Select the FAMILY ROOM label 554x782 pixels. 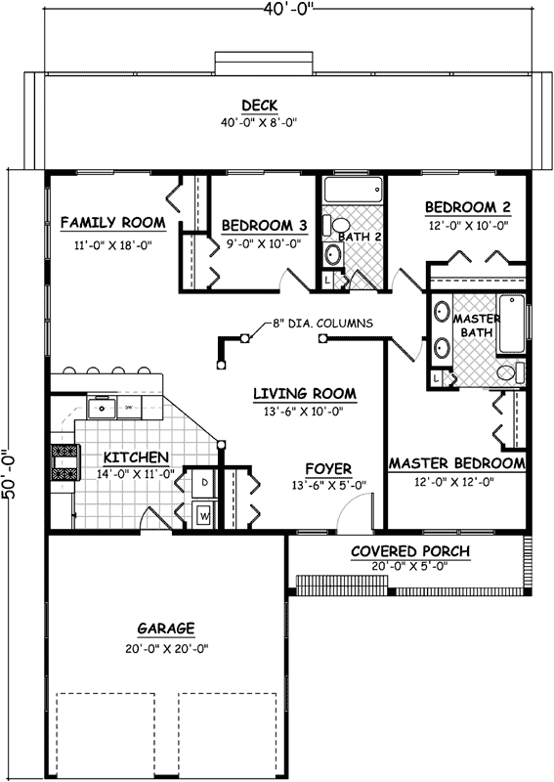click(112, 223)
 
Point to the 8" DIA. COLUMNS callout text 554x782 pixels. click(315, 324)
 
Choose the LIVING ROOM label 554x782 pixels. click(305, 394)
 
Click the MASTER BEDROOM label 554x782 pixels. click(456, 462)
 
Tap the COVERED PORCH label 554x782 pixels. click(410, 551)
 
